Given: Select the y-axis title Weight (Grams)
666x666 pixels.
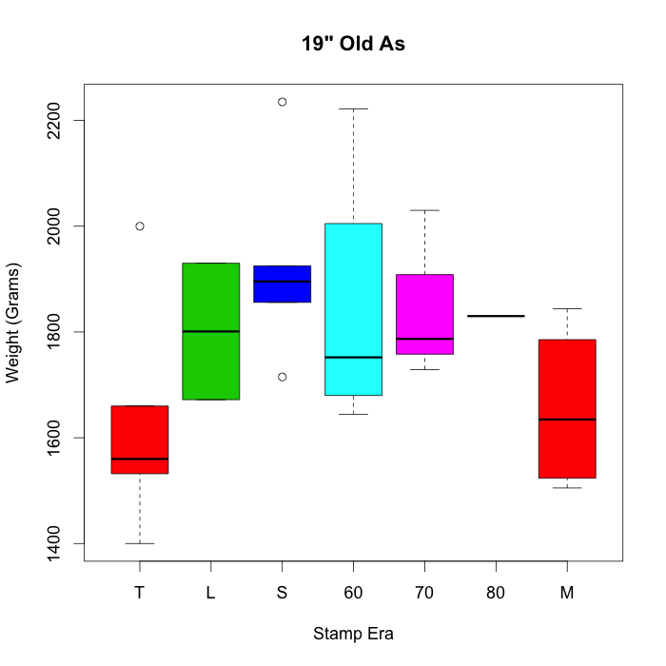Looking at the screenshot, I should click(12, 322).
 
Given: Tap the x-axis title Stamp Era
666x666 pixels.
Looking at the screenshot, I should click(353, 634).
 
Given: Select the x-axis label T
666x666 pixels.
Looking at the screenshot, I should click(140, 593).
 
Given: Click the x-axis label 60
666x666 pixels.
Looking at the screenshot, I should click(353, 593).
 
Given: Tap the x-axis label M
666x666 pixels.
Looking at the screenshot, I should click(567, 593).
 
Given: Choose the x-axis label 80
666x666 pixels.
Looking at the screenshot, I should click(496, 593).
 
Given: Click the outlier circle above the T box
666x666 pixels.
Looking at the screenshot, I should click(140, 226).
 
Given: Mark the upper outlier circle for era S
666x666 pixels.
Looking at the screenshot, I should click(282, 102).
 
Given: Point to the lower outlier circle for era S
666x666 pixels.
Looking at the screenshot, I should click(282, 377).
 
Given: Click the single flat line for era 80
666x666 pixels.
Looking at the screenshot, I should click(496, 316).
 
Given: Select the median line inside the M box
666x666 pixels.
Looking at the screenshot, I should click(567, 420).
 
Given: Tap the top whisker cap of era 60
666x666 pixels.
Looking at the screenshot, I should click(353, 109).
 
